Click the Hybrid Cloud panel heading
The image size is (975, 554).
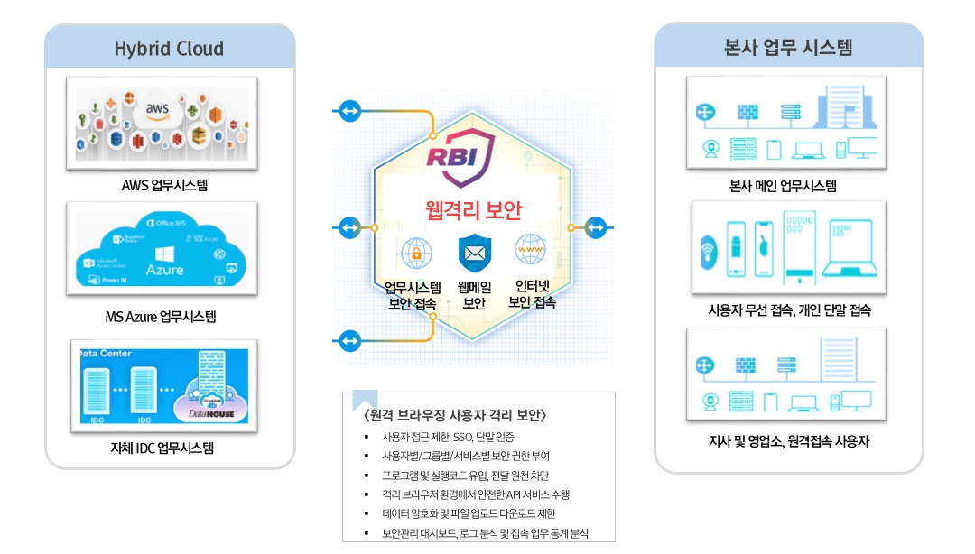click(x=169, y=49)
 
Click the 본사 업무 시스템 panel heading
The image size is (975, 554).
click(x=788, y=48)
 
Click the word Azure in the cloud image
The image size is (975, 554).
click(x=164, y=269)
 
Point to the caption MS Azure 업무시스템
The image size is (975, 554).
click(x=161, y=317)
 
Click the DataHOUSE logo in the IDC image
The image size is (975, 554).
click(x=209, y=409)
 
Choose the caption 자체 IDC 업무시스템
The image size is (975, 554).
click(x=162, y=448)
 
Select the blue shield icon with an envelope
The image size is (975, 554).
click(x=474, y=253)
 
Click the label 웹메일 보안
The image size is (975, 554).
click(x=474, y=295)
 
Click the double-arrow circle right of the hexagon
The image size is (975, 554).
click(x=596, y=228)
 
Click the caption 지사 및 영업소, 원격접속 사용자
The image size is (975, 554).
click(x=789, y=442)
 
